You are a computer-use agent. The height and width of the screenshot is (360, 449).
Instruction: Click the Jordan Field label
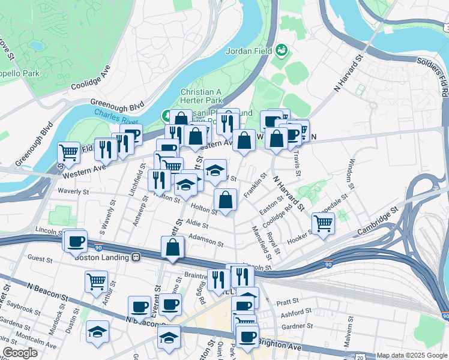coord(250,51)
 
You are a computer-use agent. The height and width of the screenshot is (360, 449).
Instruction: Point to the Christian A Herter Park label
coord(202,95)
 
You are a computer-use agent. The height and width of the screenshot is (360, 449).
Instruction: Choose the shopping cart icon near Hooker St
coord(324,223)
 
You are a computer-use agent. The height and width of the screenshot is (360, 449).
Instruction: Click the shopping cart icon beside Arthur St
coord(96,280)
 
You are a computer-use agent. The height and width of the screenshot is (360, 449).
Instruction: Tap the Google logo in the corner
coord(20,352)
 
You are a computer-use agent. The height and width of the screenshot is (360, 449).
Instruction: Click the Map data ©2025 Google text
coord(411,355)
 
